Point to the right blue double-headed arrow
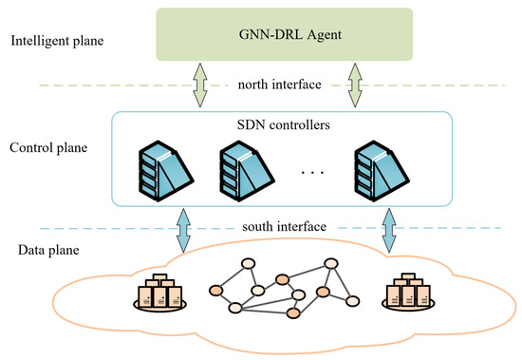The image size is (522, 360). (x=388, y=228)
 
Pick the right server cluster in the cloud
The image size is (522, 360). (x=407, y=294)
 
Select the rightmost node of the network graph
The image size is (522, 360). (x=352, y=300)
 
